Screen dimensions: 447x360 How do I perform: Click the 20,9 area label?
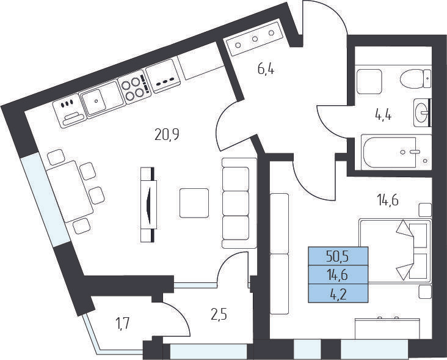click(167, 134)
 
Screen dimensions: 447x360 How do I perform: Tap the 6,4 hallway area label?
click(266, 69)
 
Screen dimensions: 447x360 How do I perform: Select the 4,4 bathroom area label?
click(383, 116)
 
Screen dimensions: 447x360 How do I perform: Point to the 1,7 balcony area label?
click(123, 324)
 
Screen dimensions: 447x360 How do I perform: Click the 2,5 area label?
click(219, 315)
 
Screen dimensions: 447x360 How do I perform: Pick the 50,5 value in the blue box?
click(338, 257)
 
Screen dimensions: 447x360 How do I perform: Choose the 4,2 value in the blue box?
click(338, 294)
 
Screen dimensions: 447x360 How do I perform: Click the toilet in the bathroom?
click(416, 78)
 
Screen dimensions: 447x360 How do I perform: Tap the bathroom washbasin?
click(422, 112)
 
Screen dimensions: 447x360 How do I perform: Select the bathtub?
click(396, 152)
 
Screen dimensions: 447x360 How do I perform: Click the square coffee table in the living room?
click(194, 203)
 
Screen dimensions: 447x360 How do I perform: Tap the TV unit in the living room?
click(148, 205)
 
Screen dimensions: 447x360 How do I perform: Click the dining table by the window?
click(70, 191)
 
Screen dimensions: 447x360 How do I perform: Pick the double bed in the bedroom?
click(395, 251)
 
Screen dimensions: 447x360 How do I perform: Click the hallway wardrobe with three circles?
click(255, 39)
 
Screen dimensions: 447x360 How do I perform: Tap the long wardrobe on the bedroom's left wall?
click(279, 254)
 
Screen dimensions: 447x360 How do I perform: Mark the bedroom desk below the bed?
click(387, 328)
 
